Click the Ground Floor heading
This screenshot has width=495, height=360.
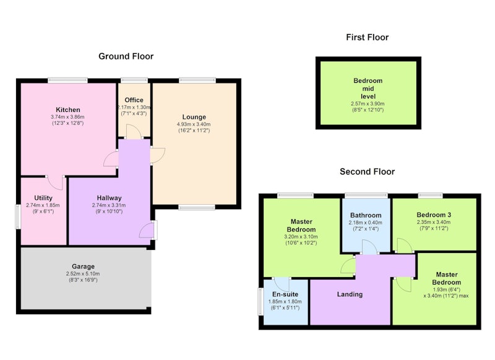click(126, 56)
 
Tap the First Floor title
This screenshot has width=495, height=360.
click(367, 37)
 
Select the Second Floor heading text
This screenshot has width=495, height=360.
click(367, 171)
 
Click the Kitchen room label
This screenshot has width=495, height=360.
click(68, 110)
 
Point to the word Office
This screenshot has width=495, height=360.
click(134, 100)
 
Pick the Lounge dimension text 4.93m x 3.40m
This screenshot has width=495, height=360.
click(194, 124)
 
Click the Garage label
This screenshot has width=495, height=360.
click(83, 267)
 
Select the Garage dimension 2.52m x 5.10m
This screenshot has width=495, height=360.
click(83, 274)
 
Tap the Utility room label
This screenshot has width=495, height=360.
click(43, 198)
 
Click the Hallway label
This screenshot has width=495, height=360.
click(109, 198)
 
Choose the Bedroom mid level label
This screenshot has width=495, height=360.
click(368, 88)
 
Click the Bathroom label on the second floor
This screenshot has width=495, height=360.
click(366, 215)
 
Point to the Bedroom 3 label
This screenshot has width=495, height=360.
click(434, 215)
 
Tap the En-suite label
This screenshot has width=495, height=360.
click(285, 294)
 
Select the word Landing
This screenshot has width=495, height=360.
click(350, 294)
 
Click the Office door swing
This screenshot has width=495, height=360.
click(134, 131)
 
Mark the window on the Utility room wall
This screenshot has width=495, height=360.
click(18, 216)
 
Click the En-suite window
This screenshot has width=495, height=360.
click(260, 301)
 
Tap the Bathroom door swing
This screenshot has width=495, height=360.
click(369, 247)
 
